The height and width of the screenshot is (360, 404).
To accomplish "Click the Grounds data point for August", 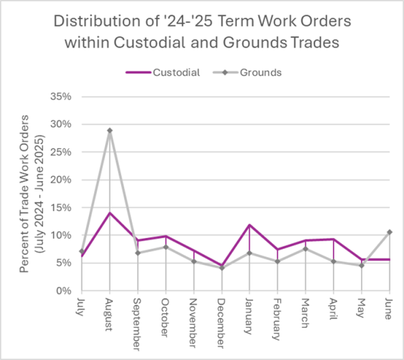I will (109, 130).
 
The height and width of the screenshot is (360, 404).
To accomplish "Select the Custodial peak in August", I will (109, 213).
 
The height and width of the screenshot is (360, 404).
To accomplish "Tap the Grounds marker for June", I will (389, 232).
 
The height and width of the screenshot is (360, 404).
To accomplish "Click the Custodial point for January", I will (249, 225).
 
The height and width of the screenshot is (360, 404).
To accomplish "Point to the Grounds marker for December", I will (222, 268).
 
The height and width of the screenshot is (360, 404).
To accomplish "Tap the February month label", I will (277, 318).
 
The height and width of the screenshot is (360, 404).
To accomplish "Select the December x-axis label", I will (222, 320).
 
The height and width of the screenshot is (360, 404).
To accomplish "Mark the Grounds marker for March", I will (306, 249).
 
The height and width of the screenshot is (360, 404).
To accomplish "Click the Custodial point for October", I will (165, 236).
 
